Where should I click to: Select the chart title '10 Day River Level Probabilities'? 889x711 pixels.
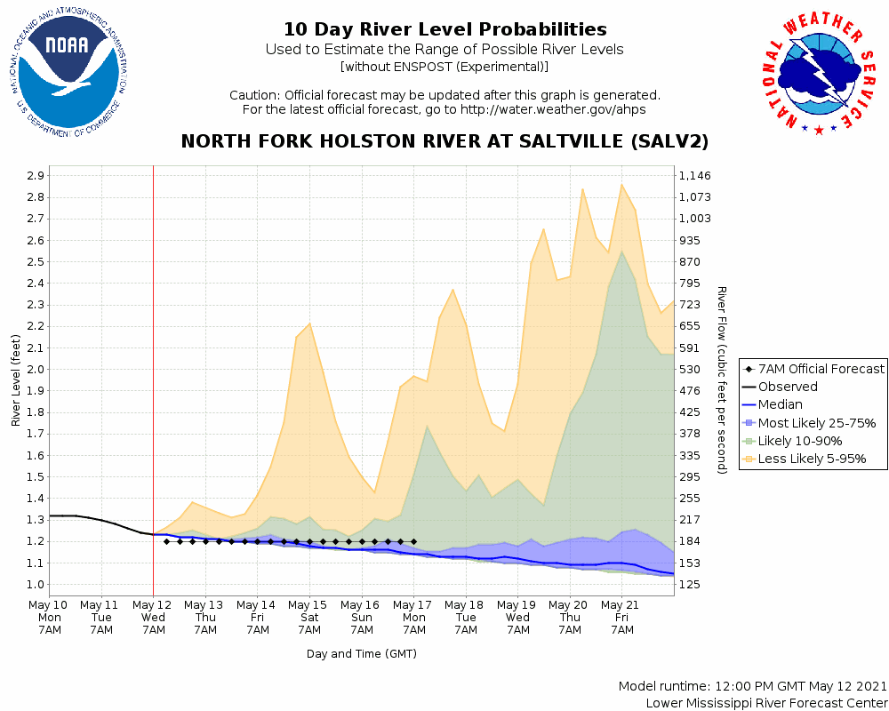coord(444,30)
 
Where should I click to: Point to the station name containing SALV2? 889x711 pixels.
coord(444,142)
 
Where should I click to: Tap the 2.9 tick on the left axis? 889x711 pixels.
coord(35,176)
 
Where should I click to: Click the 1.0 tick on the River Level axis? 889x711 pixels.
coord(35,585)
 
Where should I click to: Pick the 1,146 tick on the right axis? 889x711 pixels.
coord(696,176)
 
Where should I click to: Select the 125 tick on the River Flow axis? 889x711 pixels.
coord(690,585)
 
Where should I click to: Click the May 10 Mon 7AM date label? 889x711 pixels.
coord(50,617)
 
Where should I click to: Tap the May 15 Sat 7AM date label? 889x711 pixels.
coord(309,617)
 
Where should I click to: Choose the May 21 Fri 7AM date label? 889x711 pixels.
coord(621,617)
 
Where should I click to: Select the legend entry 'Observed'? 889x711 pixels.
coord(788,387)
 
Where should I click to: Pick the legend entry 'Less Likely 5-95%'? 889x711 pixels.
coord(812,459)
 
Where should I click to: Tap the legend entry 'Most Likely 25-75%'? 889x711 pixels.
coord(817,423)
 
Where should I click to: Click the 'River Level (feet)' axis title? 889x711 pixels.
coord(17,379)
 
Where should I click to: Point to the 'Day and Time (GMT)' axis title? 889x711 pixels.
coord(362,653)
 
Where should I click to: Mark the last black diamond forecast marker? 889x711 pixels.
coord(413,541)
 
